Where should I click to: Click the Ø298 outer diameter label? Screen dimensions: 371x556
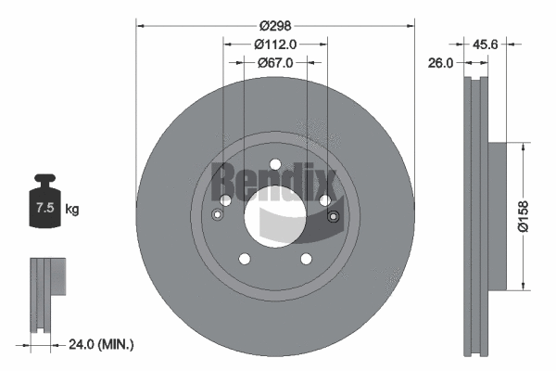click(275, 28)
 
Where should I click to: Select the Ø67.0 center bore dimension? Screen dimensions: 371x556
click(275, 63)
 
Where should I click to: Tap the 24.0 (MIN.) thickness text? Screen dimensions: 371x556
click(103, 344)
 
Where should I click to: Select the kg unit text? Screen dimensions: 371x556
click(71, 210)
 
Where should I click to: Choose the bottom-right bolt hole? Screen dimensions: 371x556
click(307, 260)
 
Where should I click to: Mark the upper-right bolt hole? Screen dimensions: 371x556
click(325, 199)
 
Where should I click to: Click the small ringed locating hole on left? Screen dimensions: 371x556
click(217, 216)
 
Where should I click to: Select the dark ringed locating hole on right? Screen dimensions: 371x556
click(334, 217)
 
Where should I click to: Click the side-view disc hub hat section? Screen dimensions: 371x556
click(497, 215)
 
